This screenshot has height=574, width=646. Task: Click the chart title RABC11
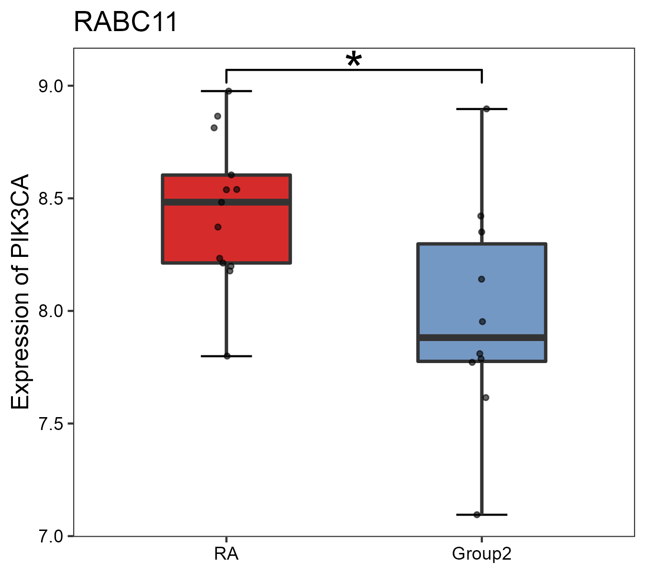[125, 22]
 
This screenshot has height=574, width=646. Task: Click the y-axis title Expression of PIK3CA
[21, 292]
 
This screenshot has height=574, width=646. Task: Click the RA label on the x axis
[226, 554]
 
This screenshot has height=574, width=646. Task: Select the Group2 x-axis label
[481, 554]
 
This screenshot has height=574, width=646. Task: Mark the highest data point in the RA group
[229, 91]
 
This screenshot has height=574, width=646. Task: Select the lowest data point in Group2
[477, 515]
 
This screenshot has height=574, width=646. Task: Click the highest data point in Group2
[486, 109]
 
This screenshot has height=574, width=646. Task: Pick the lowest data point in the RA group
[227, 356]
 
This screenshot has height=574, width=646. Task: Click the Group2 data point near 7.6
[486, 397]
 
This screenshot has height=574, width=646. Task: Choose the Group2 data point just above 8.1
[481, 279]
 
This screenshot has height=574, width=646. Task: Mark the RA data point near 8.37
[218, 227]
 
